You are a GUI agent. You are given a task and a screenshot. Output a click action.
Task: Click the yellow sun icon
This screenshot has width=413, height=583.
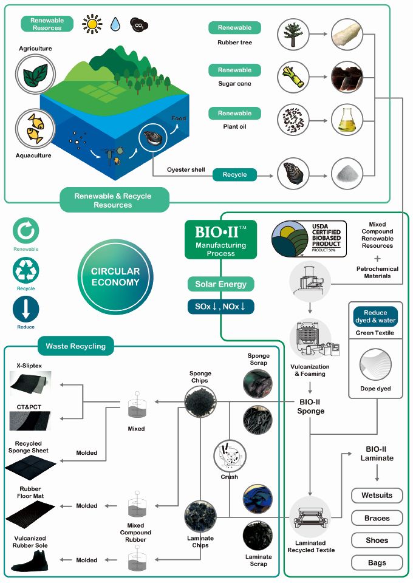point(92,24)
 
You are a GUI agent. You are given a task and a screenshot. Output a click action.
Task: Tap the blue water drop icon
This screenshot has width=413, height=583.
point(115,24)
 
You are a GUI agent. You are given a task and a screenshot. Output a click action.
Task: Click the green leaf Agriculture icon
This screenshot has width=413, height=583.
point(35,75)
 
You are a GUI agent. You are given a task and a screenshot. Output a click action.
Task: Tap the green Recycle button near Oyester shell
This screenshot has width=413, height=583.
point(234,175)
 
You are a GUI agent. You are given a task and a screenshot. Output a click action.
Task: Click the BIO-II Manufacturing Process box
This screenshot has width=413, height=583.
point(220,239)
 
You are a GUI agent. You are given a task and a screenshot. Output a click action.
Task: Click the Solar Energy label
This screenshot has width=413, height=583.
point(220,284)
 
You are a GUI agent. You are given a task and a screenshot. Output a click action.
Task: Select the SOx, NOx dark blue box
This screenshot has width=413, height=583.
point(220,306)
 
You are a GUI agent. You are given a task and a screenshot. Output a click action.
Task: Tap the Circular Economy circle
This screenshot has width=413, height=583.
point(116,277)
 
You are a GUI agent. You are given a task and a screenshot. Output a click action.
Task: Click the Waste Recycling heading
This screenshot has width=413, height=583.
point(75,346)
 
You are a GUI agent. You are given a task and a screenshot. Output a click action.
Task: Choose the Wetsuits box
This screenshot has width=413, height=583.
point(377,496)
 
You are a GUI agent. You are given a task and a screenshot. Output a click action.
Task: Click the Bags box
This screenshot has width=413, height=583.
point(377,563)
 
